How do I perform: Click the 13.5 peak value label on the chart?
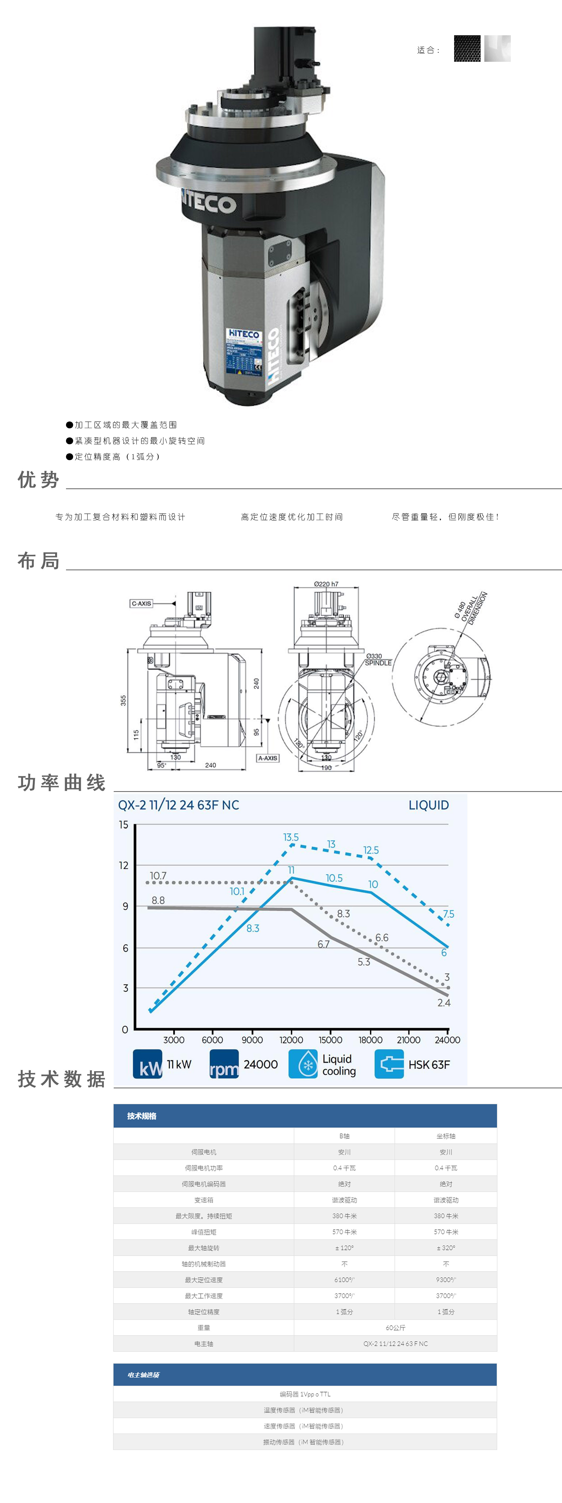coord(291,837)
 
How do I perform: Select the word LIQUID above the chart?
coord(428,805)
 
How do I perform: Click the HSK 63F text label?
coord(429,1064)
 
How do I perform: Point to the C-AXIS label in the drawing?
coord(141,603)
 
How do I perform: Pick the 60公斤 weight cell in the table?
coord(395,1327)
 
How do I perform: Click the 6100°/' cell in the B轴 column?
coord(344,1279)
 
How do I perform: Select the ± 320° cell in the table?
coord(446,1247)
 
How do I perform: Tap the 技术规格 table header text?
coord(142,1116)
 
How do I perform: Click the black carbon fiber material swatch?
coord(467,49)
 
